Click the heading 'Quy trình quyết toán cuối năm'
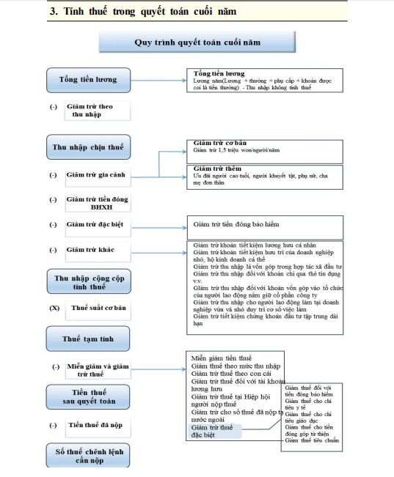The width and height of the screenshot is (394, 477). tap(197, 42)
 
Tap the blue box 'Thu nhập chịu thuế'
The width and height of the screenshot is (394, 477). tap(88, 147)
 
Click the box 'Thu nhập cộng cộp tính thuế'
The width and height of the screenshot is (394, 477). tap(88, 282)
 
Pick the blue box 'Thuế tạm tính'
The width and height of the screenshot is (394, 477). tap(88, 339)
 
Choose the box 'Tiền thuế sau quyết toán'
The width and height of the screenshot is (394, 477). tap(88, 396)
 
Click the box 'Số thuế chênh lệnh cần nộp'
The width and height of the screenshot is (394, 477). tap(88, 455)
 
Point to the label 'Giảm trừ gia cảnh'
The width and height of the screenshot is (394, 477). tap(95, 175)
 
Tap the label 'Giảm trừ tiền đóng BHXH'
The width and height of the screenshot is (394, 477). tap(96, 203)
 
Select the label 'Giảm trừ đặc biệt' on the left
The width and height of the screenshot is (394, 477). tap(95, 225)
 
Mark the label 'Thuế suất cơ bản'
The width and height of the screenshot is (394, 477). tap(98, 308)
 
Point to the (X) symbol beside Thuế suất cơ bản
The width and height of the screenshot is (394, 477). tap(54, 308)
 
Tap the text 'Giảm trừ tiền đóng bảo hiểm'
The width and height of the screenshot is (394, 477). tap(236, 224)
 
